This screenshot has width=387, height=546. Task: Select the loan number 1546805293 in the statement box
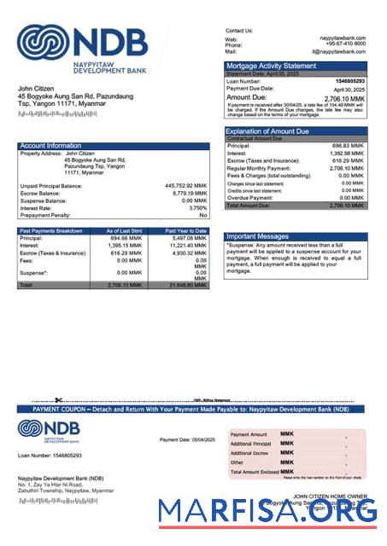349,81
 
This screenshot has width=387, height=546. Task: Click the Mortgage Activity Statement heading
271,66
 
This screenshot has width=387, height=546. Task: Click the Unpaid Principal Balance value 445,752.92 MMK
185,185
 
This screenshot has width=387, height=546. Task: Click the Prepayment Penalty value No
202,215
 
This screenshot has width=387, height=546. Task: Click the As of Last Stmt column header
124,230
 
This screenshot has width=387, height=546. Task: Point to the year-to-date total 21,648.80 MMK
188,285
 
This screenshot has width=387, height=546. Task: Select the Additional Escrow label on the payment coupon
249,453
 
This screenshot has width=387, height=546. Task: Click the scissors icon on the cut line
58,400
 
